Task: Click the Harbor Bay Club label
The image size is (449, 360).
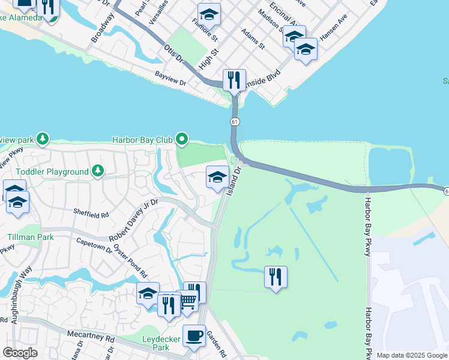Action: pos(142,140)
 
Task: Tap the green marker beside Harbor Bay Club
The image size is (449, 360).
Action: pos(181,140)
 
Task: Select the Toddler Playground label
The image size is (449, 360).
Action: pos(52,172)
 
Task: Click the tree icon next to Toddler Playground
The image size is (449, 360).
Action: pos(98,172)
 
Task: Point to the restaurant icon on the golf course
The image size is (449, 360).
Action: pos(276,277)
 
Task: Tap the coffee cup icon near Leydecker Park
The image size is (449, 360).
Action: pos(193,336)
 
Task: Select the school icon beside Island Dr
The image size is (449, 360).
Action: pos(217,177)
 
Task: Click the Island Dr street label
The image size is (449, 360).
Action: pos(233,181)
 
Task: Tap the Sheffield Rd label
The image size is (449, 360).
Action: pos(91,213)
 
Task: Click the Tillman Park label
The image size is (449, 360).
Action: pos(24,238)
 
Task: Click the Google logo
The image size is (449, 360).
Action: pos(19,353)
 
